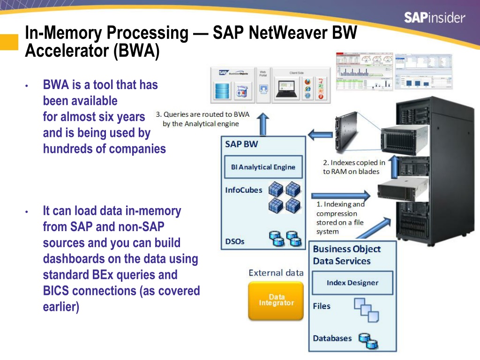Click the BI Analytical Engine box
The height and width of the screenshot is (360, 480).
coord(263,167)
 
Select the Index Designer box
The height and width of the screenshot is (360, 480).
coord(352,283)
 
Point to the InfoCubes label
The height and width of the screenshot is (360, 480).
coord(244,190)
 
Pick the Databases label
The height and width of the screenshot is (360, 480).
coord(332,338)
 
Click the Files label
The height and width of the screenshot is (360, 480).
coord(322,306)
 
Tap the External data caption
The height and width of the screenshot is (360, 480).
coord(276,273)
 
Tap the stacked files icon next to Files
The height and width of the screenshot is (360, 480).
coord(366,309)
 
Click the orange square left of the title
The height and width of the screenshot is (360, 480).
coord(8,41)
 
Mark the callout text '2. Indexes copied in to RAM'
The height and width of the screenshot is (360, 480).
coord(354,167)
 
